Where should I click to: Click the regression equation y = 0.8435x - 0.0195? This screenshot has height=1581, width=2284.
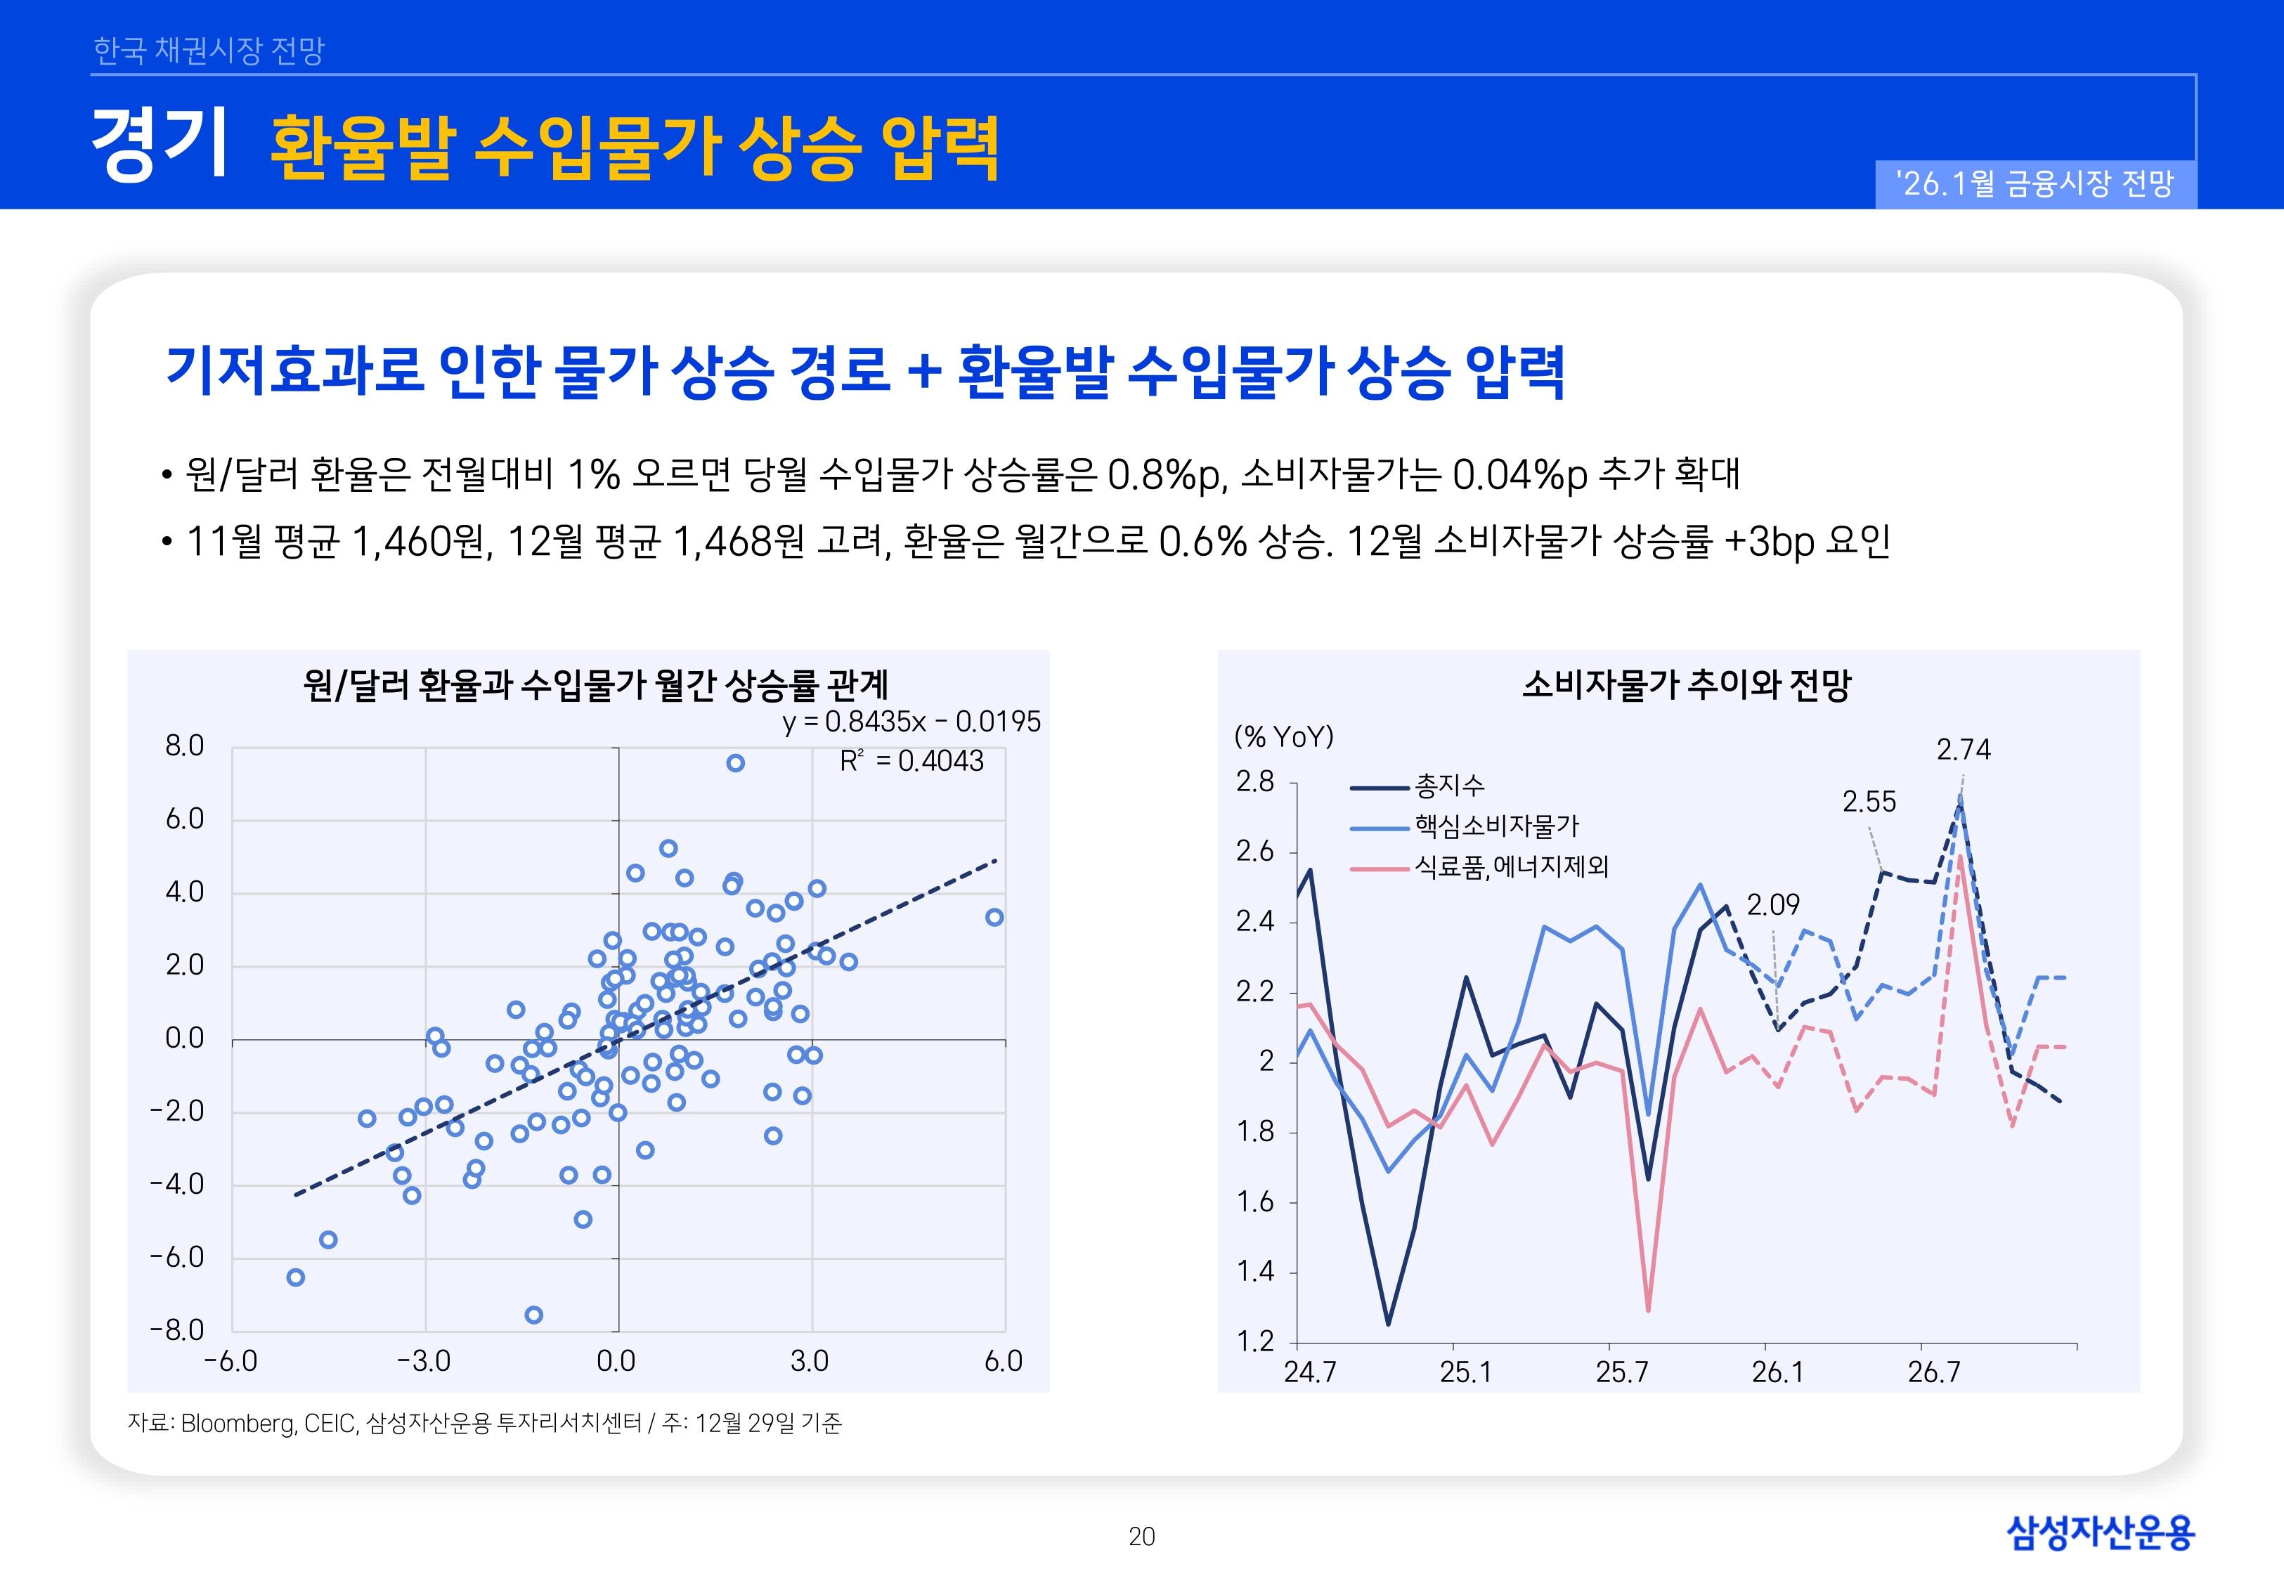tap(911, 721)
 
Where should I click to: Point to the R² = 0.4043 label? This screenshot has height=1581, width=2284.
tap(911, 761)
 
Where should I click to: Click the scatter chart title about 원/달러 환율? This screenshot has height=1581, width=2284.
tap(595, 684)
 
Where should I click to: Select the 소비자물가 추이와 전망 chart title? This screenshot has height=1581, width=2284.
tap(1686, 684)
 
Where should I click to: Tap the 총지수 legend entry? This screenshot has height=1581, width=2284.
tap(1449, 786)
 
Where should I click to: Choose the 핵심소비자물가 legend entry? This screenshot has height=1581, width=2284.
tap(1495, 826)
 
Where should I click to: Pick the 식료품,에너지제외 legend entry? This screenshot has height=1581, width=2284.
tap(1510, 867)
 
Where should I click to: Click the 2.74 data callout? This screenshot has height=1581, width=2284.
tap(1963, 750)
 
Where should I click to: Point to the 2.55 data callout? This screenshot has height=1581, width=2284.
tap(1868, 802)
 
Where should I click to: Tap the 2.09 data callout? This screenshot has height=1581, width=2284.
tap(1772, 904)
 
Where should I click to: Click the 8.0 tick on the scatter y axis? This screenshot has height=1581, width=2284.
tap(184, 746)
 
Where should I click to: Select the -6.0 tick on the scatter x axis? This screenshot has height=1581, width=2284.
tap(231, 1361)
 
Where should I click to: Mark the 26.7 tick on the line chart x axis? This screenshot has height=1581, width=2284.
tap(1933, 1372)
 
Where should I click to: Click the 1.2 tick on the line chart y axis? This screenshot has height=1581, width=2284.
tap(1255, 1341)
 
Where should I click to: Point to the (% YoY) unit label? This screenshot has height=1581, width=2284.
tap(1284, 737)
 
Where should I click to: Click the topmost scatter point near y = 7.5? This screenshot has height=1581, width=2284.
tap(735, 763)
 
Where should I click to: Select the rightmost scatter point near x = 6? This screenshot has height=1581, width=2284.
tap(994, 917)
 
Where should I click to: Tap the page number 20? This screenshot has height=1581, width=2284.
tap(1142, 1537)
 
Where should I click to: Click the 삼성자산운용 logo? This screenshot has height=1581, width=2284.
tap(2100, 1533)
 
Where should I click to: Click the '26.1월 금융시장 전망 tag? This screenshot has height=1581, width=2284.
tap(2035, 184)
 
